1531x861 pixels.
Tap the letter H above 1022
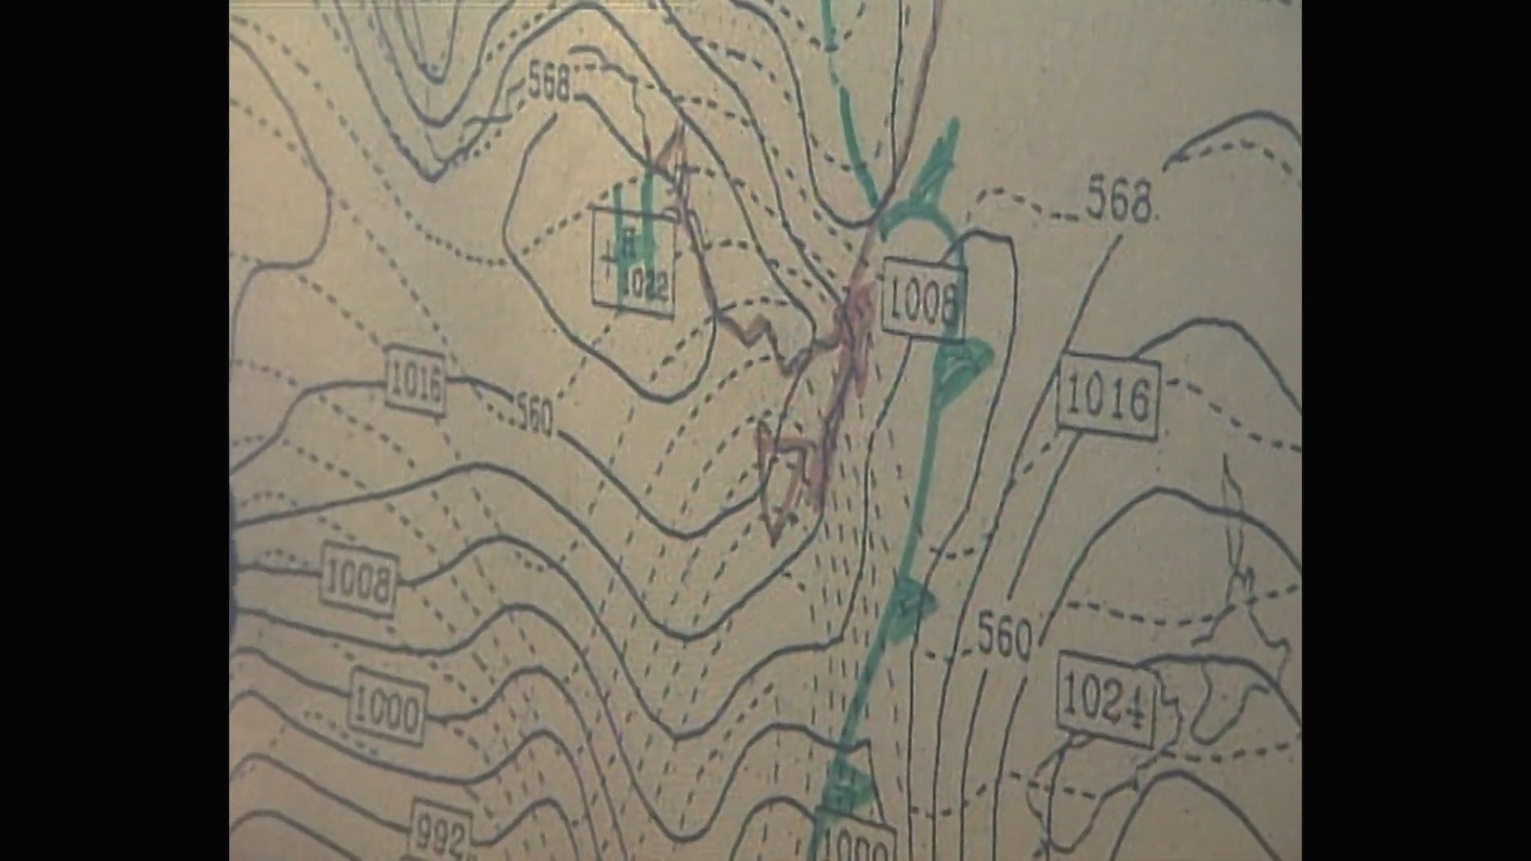[628, 242]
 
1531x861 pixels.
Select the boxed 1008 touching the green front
[923, 301]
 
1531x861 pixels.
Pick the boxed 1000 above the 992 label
[387, 708]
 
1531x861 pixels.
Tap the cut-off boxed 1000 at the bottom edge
[855, 843]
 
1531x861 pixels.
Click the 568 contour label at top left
[550, 81]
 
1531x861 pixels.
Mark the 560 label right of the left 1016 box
[533, 415]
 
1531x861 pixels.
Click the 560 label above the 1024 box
[1004, 636]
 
